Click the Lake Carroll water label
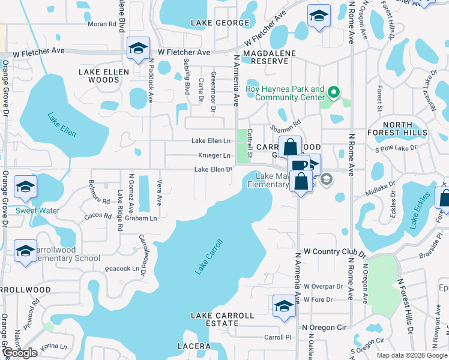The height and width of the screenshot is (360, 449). coord(209,257)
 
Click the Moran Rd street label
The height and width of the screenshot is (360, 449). coord(101,24)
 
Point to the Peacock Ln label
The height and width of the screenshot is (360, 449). coord(122,269)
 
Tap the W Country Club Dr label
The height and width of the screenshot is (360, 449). coord(335,252)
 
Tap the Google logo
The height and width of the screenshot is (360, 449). coord(20,353)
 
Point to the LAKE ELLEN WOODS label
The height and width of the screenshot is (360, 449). coord(100,76)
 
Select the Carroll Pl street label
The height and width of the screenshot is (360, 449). coord(277,337)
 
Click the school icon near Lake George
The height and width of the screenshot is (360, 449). coord(319,17)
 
